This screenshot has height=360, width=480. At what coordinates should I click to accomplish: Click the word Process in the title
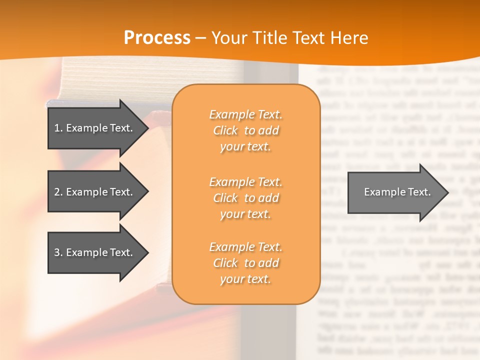pos(157,38)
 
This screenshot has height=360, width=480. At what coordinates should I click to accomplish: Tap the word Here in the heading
pos(349,38)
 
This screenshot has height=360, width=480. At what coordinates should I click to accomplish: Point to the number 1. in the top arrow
pos(58,128)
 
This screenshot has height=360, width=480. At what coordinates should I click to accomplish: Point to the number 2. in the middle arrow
pos(58,192)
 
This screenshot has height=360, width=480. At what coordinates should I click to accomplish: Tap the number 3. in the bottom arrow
pos(58,252)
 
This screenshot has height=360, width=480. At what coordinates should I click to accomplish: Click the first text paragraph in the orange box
pos(245,130)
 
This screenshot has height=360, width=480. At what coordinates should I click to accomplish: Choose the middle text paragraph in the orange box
pos(245,198)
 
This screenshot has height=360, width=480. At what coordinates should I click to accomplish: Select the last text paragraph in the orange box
pos(245,263)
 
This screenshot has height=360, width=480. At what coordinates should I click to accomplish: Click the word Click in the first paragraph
pos(225,130)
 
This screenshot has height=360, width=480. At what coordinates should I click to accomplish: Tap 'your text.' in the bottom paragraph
pos(245,279)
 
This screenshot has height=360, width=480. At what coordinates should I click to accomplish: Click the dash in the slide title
pos(201,38)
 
